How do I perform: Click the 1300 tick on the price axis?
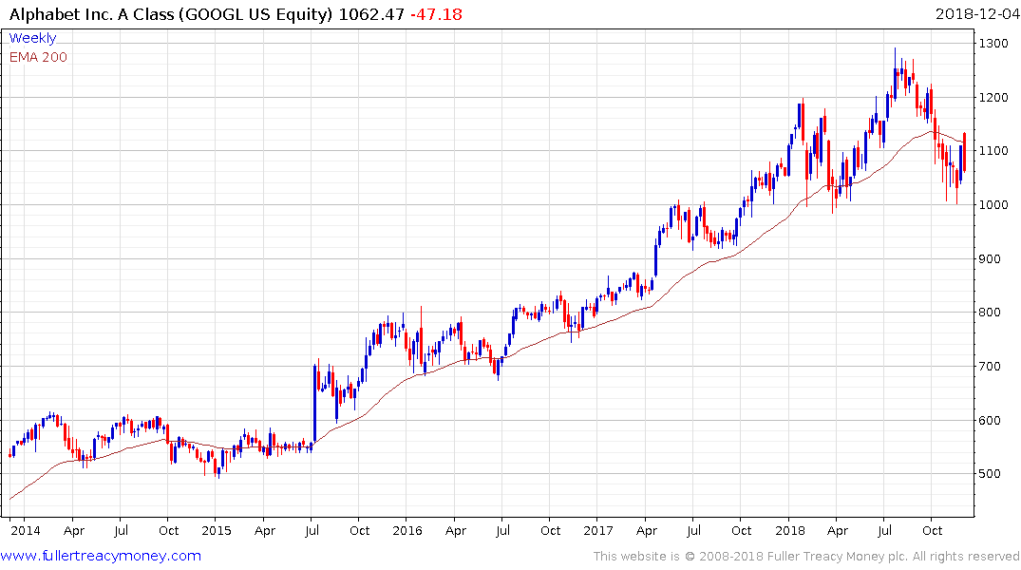tap(994, 44)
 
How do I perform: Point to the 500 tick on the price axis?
tap(991, 474)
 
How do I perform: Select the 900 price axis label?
tap(991, 258)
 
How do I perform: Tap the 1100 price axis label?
tap(994, 151)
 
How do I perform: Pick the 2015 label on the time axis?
tap(216, 530)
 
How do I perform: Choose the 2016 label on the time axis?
tap(407, 530)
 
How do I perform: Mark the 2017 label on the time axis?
tap(597, 530)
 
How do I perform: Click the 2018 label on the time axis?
tap(789, 530)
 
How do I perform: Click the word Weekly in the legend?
tap(32, 38)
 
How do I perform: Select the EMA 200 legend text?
tap(38, 57)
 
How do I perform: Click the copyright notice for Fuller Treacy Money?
tap(807, 556)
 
